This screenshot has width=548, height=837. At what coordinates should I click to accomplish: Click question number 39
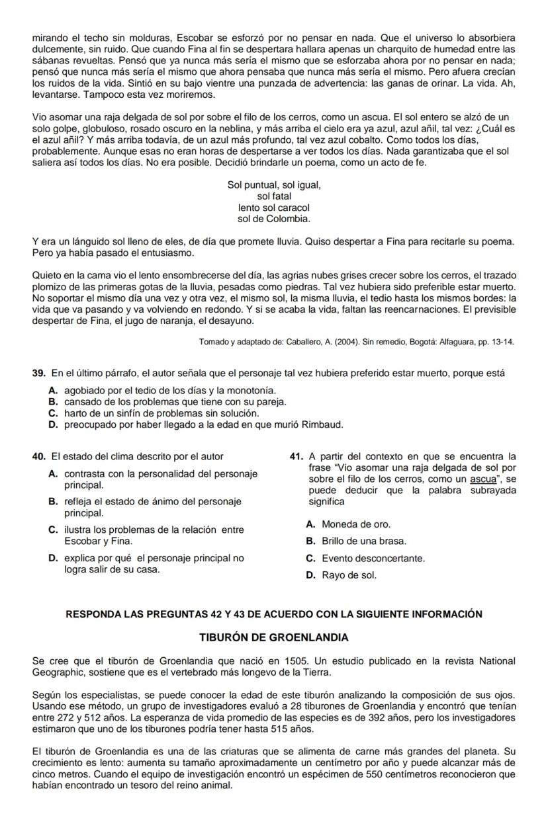[x=38, y=374]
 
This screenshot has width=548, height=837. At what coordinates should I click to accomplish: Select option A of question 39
[x=53, y=391]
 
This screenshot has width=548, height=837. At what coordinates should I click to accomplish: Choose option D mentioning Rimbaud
[x=53, y=424]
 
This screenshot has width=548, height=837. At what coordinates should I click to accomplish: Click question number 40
[x=38, y=456]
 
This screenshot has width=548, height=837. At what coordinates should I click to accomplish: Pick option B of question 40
[x=53, y=502]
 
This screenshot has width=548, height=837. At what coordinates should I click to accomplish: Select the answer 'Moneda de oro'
[x=310, y=524]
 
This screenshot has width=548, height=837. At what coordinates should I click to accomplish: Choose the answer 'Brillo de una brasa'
[x=310, y=541]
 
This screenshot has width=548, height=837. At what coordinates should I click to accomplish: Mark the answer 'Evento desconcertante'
[x=310, y=558]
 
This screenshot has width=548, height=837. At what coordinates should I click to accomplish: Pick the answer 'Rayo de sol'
[x=310, y=575]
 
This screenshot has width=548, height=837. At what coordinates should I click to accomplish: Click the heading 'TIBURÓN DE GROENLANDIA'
[x=273, y=638]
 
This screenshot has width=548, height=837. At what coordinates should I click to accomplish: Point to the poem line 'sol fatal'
[x=274, y=196]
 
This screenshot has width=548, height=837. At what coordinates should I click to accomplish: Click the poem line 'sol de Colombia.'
[x=274, y=218]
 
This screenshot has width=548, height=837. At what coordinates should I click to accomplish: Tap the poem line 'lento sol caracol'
[x=274, y=208]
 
